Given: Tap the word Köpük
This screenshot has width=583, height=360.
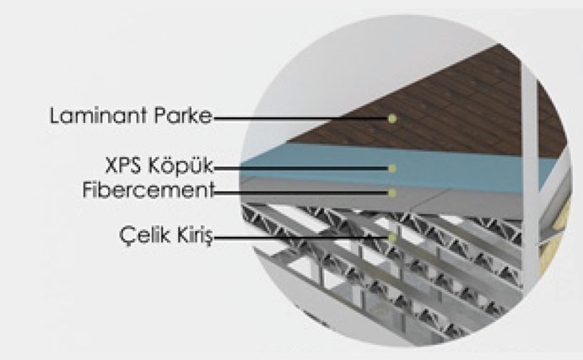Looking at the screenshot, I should click(184, 169).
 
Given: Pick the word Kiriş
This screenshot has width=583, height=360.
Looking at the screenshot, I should click(191, 239).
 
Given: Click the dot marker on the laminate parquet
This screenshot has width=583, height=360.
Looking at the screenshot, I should click(391, 119).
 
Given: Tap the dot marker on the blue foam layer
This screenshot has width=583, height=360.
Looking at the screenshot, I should click(391, 169).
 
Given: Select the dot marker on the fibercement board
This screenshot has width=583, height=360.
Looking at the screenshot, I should click(391, 192).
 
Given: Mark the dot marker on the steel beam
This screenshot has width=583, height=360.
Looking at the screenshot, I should click(391, 239).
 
